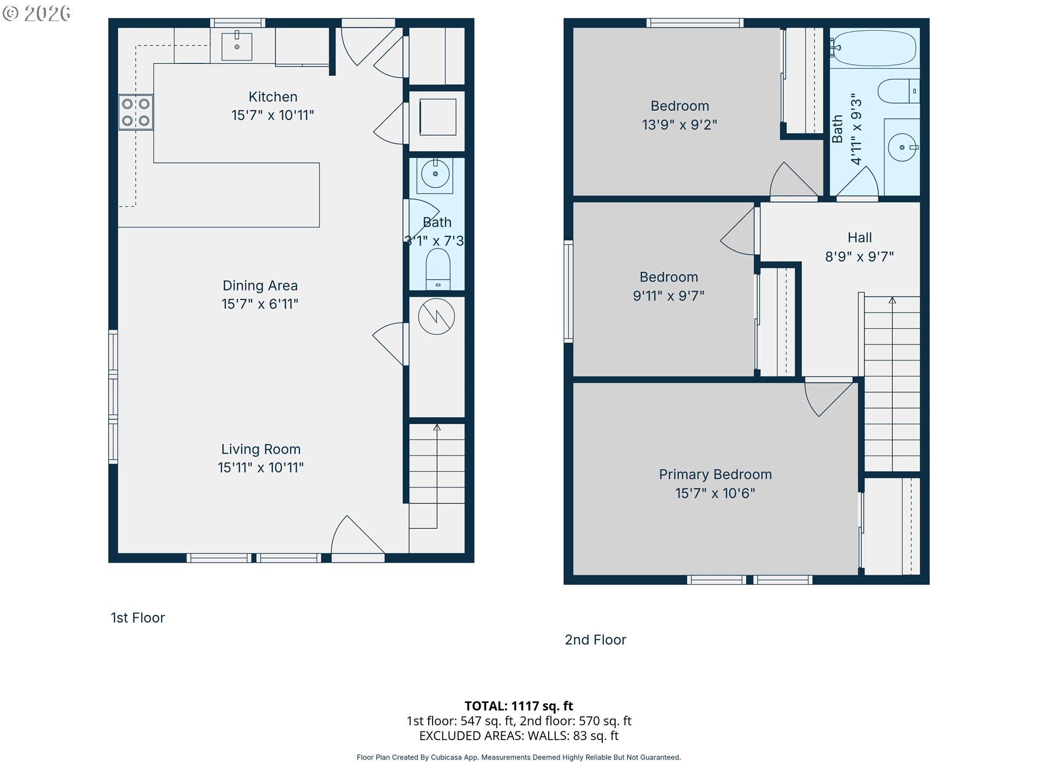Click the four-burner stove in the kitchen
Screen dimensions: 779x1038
click(x=136, y=113)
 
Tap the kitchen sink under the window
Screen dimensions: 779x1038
click(x=237, y=47)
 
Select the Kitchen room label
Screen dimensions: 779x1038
click(x=273, y=97)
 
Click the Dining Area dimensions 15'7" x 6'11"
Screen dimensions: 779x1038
click(x=260, y=304)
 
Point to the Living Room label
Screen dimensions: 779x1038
click(x=261, y=449)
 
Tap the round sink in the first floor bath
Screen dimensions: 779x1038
click(x=435, y=174)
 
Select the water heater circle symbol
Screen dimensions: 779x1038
click(x=436, y=316)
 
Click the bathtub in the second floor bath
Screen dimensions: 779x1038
click(x=874, y=48)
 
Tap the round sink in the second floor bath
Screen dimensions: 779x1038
click(x=902, y=147)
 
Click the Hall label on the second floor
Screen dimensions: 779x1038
click(x=860, y=237)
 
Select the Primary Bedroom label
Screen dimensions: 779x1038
click(x=715, y=474)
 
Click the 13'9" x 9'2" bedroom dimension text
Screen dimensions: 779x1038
click(x=680, y=125)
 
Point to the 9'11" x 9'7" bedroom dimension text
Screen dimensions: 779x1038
click(x=669, y=296)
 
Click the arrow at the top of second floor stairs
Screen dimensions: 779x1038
click(x=893, y=300)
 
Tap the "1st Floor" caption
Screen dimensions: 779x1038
click(x=138, y=618)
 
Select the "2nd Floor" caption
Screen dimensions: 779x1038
click(x=595, y=640)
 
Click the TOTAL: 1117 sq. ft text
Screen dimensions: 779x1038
click(x=518, y=706)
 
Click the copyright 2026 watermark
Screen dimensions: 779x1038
click(x=37, y=13)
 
